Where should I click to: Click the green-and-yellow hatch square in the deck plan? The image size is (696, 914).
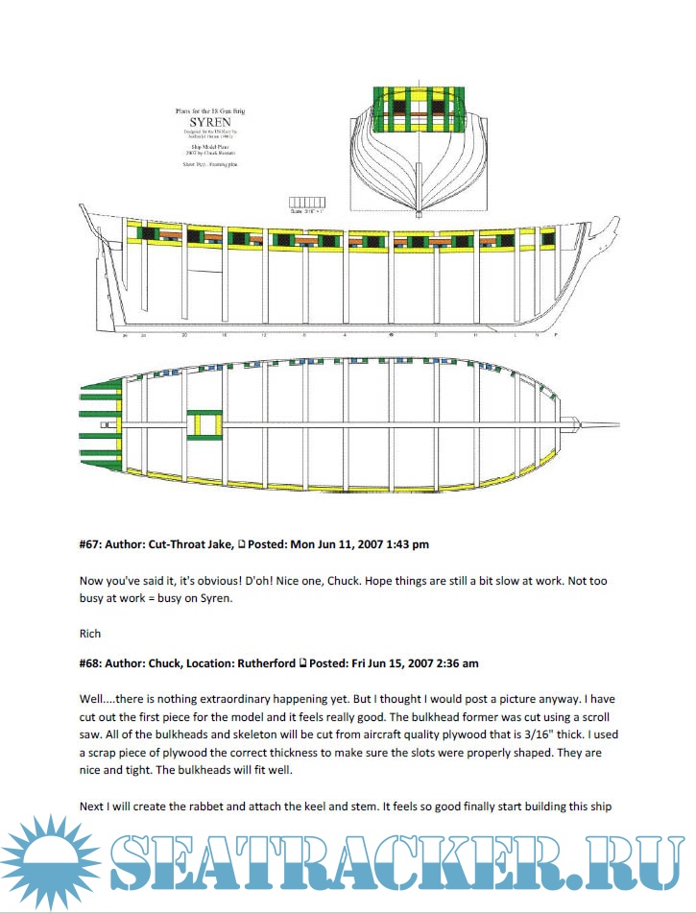(204, 423)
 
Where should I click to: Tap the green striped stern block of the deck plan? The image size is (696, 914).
(99, 422)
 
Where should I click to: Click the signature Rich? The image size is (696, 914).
(89, 633)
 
